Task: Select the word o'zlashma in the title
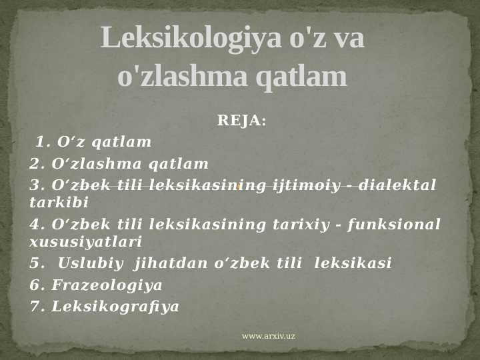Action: (x=183, y=77)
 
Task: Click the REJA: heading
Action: (x=241, y=121)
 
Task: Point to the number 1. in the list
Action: (x=43, y=142)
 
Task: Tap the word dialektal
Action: (x=397, y=185)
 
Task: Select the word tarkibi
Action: (x=59, y=202)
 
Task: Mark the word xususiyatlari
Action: (x=85, y=241)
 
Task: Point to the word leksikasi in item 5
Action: (x=353, y=263)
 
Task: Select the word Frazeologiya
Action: (x=107, y=285)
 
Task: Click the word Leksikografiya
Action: (x=115, y=307)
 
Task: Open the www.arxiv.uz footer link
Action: (x=268, y=336)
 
